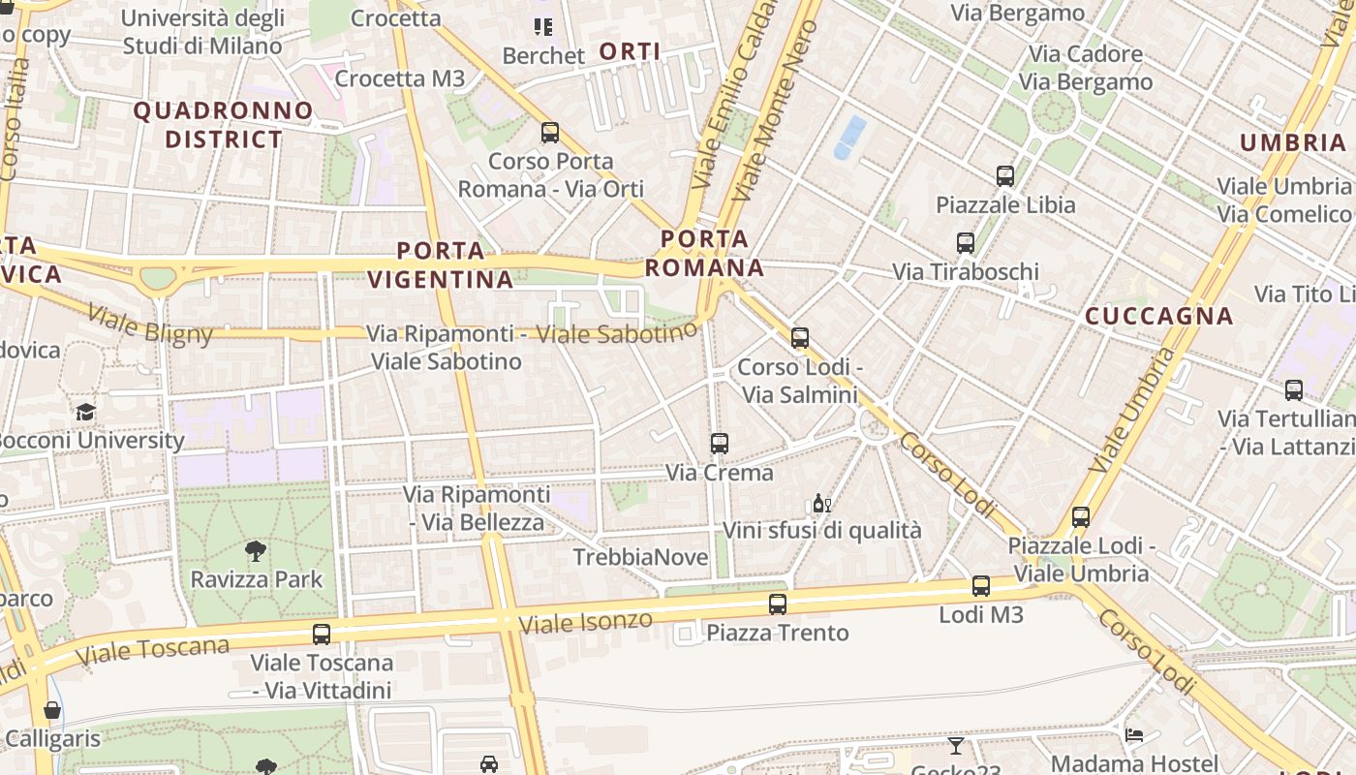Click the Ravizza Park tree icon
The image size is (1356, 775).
pyautogui.click(x=256, y=552)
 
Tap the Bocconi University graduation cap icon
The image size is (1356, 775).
pyautogui.click(x=86, y=412)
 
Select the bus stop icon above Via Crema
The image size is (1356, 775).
pyautogui.click(x=719, y=444)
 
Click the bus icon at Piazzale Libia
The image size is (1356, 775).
pyautogui.click(x=1005, y=176)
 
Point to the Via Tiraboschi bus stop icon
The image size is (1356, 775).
pyautogui.click(x=966, y=243)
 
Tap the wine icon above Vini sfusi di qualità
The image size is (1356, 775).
pyautogui.click(x=821, y=503)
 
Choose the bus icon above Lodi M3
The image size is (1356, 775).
pyautogui.click(x=981, y=586)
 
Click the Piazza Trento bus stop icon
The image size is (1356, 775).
pyautogui.click(x=777, y=604)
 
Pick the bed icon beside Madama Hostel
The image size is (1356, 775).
pyautogui.click(x=1134, y=735)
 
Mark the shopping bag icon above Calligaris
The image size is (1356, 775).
pyautogui.click(x=52, y=710)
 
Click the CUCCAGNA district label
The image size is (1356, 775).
pyautogui.click(x=1158, y=316)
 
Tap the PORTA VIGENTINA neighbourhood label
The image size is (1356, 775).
pyautogui.click(x=441, y=265)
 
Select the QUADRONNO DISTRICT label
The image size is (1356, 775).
pyautogui.click(x=223, y=125)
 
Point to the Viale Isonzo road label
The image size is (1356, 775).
pyautogui.click(x=586, y=622)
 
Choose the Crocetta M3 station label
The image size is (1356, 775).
pyautogui.click(x=399, y=78)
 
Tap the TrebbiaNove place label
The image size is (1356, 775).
pyautogui.click(x=636, y=557)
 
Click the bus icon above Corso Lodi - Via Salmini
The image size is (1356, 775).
pyautogui.click(x=800, y=338)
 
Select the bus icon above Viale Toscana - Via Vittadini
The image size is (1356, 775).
pyautogui.click(x=322, y=635)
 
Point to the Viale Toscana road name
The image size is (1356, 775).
pyautogui.click(x=152, y=651)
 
